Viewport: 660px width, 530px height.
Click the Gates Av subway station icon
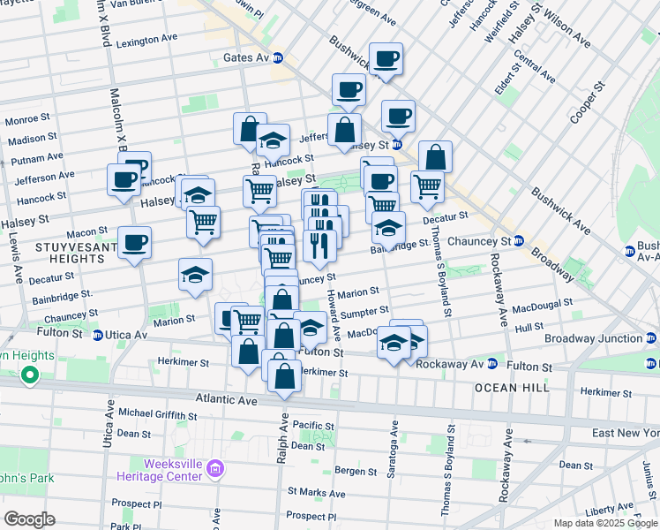tap(278, 57)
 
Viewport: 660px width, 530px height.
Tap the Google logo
tap(29, 519)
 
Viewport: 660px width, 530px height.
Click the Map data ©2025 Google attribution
tap(605, 523)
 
